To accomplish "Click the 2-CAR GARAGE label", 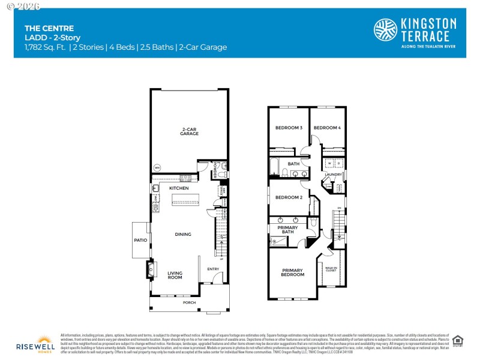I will (190, 131).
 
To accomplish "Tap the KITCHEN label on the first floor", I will (179, 188).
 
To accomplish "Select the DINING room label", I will (182, 235).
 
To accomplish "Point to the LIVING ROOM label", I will (175, 275).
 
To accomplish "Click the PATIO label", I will (141, 240).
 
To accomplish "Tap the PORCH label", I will (189, 302).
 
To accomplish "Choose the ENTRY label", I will (213, 269).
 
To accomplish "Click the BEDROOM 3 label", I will (289, 128).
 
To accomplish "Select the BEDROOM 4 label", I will (327, 128).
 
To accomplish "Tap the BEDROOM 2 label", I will (289, 197).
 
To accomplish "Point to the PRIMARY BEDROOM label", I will (293, 272).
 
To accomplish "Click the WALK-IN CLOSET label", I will (331, 270).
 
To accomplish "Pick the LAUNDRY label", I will (333, 175).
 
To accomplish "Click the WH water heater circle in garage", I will (158, 167).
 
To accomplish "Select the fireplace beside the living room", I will (150, 269).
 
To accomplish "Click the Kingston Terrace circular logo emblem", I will (385, 30).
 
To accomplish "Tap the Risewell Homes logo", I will (35, 343).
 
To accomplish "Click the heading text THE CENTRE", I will (41, 28).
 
